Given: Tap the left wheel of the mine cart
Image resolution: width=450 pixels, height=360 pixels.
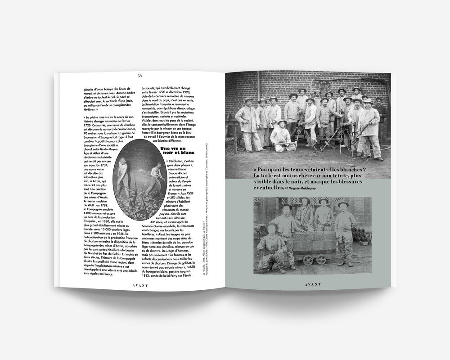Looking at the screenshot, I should [309, 259].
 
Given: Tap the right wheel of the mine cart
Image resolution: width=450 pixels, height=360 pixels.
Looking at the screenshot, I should [320, 259].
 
